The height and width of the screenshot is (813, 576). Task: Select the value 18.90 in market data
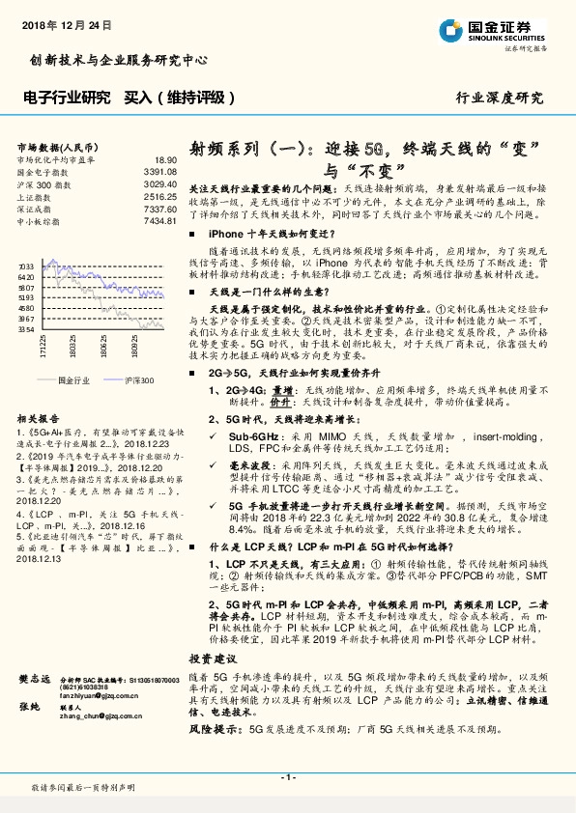pos(165,159)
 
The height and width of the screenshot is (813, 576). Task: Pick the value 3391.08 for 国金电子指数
pos(160,171)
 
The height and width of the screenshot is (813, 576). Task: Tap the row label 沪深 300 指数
pos(43,182)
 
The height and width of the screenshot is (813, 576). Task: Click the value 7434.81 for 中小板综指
pos(160,220)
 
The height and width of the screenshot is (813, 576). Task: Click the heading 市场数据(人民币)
pos(52,147)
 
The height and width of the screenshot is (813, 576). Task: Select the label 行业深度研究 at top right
pos(499,98)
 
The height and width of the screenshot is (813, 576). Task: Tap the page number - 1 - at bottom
pos(287,777)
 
